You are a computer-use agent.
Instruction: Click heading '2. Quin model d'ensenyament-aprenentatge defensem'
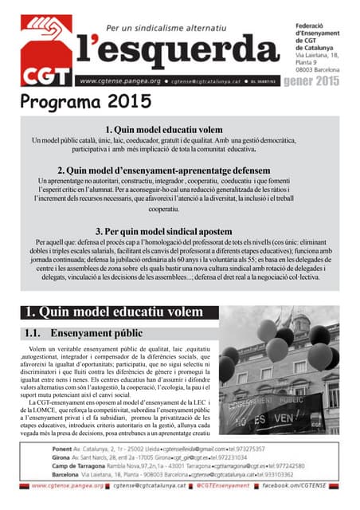[x=179, y=170]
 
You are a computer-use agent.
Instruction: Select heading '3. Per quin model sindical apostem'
[x=179, y=231]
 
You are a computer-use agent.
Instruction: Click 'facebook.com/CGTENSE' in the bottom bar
[x=307, y=484]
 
